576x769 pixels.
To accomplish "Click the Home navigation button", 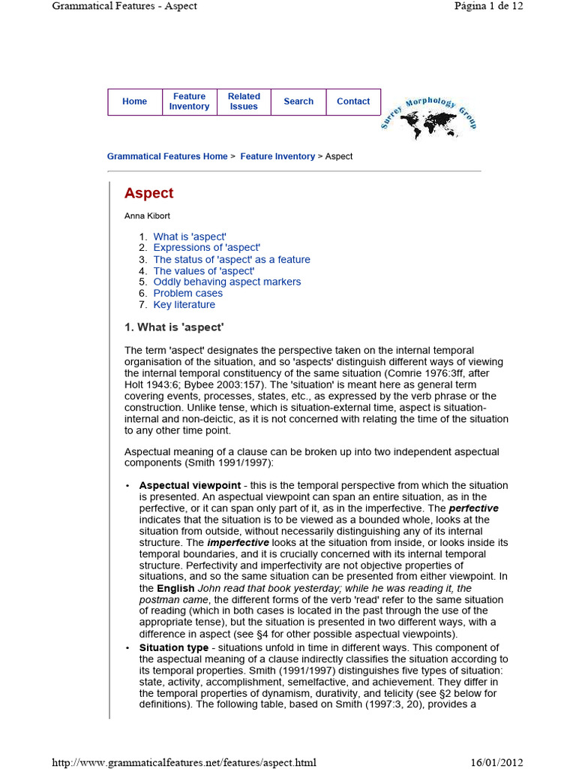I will pyautogui.click(x=134, y=101).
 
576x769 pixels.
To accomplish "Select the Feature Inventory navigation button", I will pyautogui.click(x=189, y=101).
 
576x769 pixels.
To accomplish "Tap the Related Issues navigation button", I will pyautogui.click(x=244, y=101).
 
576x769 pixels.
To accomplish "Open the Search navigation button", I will pyautogui.click(x=298, y=101).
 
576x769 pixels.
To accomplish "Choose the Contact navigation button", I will pyautogui.click(x=353, y=101).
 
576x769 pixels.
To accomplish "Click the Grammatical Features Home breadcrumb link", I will pyautogui.click(x=167, y=156).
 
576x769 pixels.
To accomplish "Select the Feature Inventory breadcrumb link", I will pyautogui.click(x=277, y=156).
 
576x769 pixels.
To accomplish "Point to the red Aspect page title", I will pyautogui.click(x=148, y=193).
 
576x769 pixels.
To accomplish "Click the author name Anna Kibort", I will pyautogui.click(x=147, y=216).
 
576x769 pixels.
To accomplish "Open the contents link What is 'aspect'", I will pyautogui.click(x=190, y=237).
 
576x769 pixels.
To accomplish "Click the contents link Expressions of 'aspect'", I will pyautogui.click(x=206, y=248).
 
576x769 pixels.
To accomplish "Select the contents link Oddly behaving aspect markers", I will pyautogui.click(x=226, y=282).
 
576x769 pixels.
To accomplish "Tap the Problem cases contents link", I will pyautogui.click(x=187, y=294).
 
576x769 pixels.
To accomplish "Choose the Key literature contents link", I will pyautogui.click(x=184, y=305).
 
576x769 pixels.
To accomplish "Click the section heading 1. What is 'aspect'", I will pyautogui.click(x=174, y=327).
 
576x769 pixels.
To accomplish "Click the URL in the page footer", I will pyautogui.click(x=184, y=762).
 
